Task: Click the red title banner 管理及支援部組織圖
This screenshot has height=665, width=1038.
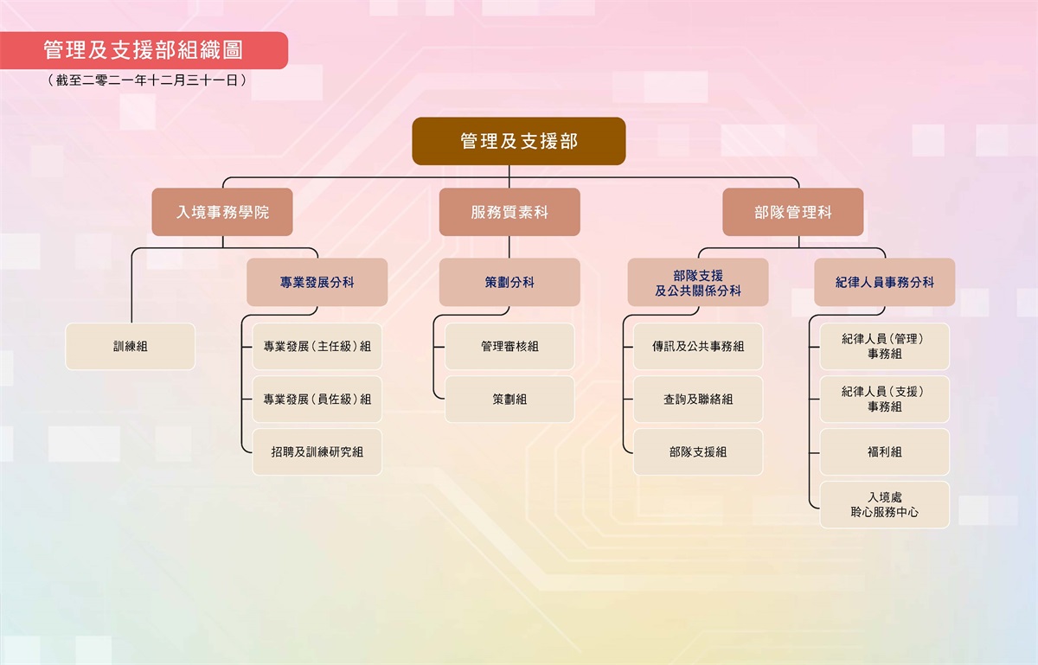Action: [x=144, y=50]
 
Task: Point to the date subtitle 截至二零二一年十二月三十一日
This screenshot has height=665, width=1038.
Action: [x=147, y=80]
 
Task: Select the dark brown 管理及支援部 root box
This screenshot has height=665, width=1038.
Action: [x=518, y=141]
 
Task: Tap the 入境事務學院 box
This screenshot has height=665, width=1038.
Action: [x=222, y=212]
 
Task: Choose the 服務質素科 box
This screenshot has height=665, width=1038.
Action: [x=509, y=212]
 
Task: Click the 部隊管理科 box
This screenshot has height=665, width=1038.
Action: [x=793, y=212]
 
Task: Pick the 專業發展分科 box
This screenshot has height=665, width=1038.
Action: [x=317, y=282]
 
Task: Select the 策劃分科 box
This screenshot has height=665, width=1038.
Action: [x=509, y=282]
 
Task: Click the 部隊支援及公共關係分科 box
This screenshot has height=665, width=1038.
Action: [x=698, y=282]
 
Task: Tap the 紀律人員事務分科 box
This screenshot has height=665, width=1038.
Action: [x=885, y=282]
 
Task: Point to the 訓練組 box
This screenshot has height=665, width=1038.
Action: [x=131, y=346]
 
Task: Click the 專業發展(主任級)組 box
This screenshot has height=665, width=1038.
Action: [x=317, y=346]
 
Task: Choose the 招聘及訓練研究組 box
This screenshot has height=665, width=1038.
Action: [x=317, y=451]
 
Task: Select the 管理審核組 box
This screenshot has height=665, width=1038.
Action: [x=509, y=346]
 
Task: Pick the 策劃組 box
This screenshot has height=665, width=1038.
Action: [x=509, y=399]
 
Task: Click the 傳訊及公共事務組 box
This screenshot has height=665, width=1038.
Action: [x=698, y=346]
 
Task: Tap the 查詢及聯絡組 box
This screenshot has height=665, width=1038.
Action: [x=698, y=399]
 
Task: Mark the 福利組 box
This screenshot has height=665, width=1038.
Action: [x=885, y=451]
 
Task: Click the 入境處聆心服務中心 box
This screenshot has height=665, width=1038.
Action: [x=885, y=505]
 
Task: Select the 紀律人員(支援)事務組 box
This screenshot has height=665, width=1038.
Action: [x=885, y=399]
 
